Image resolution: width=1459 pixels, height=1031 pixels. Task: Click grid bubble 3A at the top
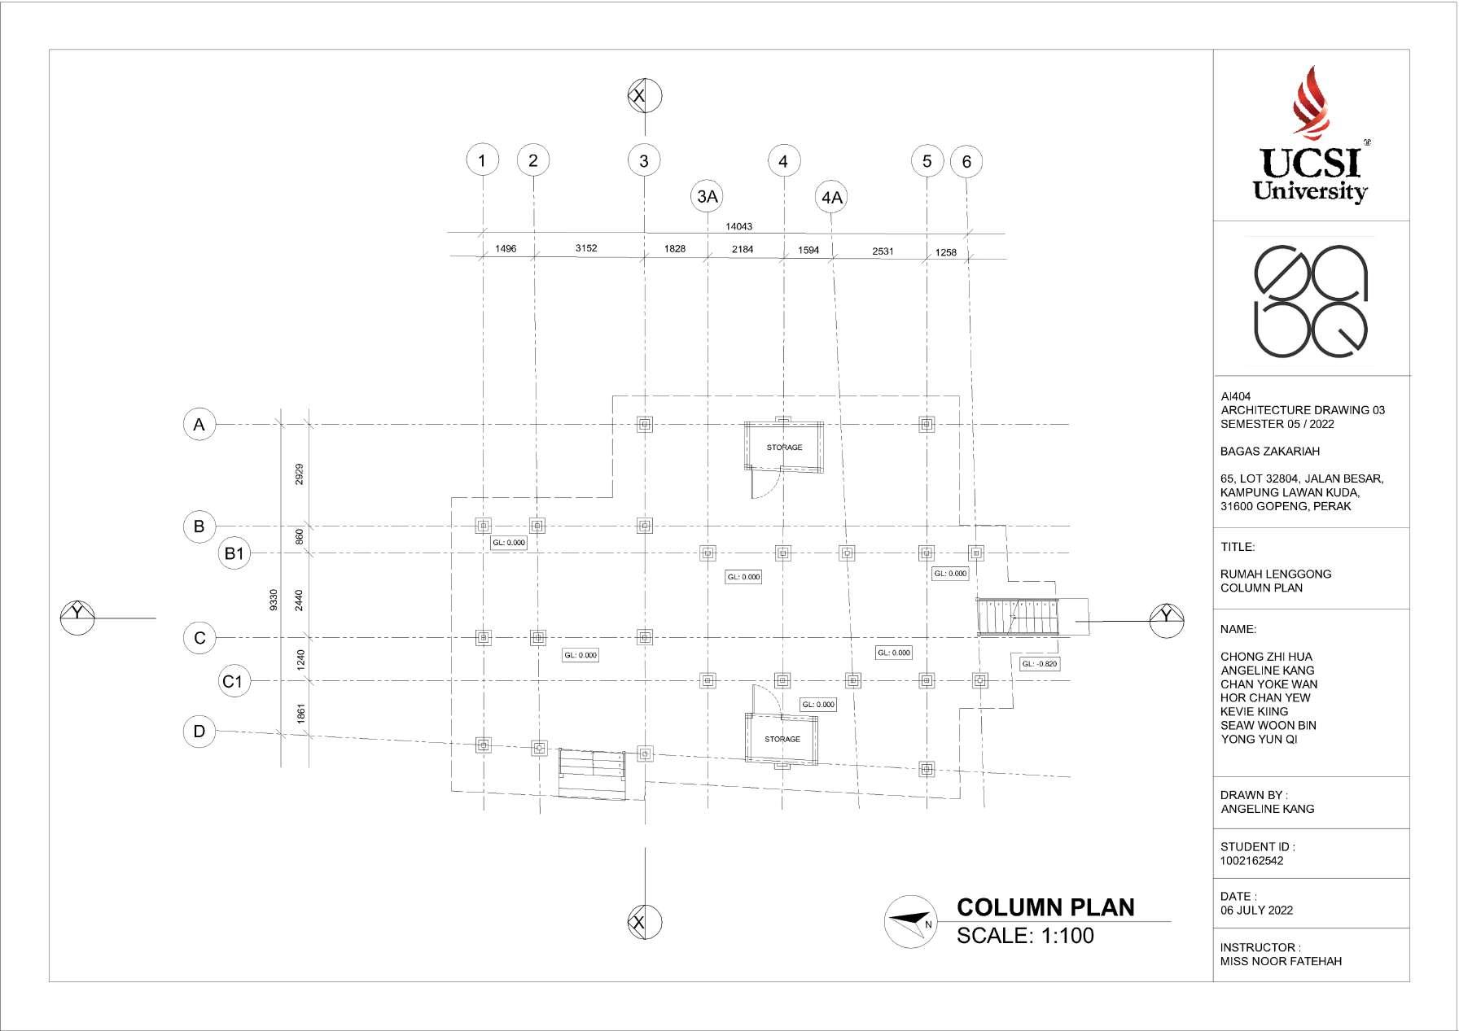(708, 196)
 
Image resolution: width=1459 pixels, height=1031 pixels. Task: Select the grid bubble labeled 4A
(832, 198)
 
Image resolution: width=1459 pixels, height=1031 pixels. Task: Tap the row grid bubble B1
(234, 554)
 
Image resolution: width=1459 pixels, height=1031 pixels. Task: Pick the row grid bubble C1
(233, 681)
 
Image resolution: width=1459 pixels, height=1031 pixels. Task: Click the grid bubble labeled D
(199, 731)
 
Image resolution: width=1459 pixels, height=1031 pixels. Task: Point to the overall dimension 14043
(738, 226)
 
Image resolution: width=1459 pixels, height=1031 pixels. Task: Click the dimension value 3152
(586, 248)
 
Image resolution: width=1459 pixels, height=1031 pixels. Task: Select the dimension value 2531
(883, 251)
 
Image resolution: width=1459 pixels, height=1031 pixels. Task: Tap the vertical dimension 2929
(299, 474)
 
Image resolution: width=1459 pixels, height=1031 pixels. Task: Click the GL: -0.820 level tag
(1040, 664)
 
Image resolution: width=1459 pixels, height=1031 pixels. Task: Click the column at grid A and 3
(644, 424)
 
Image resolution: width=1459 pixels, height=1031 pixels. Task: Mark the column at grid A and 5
(927, 424)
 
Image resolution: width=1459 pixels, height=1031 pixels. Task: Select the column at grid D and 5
(927, 769)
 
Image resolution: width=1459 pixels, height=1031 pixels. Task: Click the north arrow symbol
(910, 922)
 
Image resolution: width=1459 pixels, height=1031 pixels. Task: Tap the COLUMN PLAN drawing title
(1045, 907)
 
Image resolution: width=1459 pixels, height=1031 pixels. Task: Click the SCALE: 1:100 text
(1025, 936)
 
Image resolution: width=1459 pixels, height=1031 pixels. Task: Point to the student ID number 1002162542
(1251, 861)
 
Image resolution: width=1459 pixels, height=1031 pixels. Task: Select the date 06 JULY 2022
(1256, 911)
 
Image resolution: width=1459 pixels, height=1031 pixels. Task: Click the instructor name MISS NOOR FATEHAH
(1281, 961)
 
